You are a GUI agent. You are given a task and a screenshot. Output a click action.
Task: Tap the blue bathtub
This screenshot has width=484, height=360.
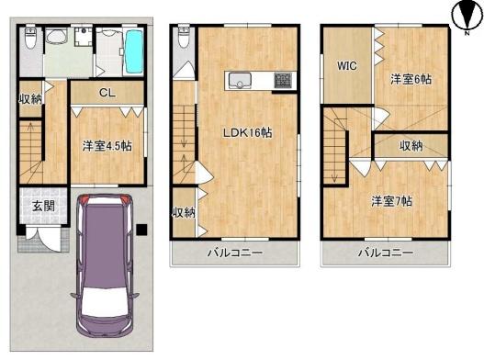coord(133,51)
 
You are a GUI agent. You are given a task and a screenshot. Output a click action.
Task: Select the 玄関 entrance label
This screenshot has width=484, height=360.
coord(44,207)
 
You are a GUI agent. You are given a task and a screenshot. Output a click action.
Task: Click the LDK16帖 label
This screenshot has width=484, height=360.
coord(248,133)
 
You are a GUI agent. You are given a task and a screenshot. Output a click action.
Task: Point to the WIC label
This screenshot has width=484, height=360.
coord(347,65)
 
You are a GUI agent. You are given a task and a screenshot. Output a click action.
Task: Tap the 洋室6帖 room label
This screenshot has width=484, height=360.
coord(411,79)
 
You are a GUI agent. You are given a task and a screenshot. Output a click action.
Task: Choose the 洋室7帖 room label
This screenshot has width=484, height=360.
coord(392,201)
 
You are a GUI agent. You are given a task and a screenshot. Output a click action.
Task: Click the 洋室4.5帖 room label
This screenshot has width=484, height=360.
coord(107,146)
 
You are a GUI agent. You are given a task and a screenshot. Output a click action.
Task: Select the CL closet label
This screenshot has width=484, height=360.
coord(107,93)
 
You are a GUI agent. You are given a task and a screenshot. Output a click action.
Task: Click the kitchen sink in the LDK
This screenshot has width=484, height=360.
coord(240,81)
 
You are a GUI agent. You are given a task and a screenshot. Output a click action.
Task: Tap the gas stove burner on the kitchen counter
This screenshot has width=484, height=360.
coord(283,81)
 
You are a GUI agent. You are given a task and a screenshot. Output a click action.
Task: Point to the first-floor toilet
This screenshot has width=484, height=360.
coord(30,38)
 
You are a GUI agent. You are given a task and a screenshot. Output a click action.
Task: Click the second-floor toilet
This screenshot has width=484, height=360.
coord(184,38)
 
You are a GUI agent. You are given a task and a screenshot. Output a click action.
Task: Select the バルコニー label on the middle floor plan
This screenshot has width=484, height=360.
coord(235,253)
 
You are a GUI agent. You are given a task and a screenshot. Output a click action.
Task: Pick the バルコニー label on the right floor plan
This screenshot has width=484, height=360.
coord(386,253)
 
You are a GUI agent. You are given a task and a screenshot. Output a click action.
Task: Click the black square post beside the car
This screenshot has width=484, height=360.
coord(141,230)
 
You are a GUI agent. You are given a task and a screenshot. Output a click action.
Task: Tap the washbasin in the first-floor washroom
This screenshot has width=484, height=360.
coord(56,36)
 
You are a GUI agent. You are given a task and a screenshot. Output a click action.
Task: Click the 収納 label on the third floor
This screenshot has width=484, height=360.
coord(411,146)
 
